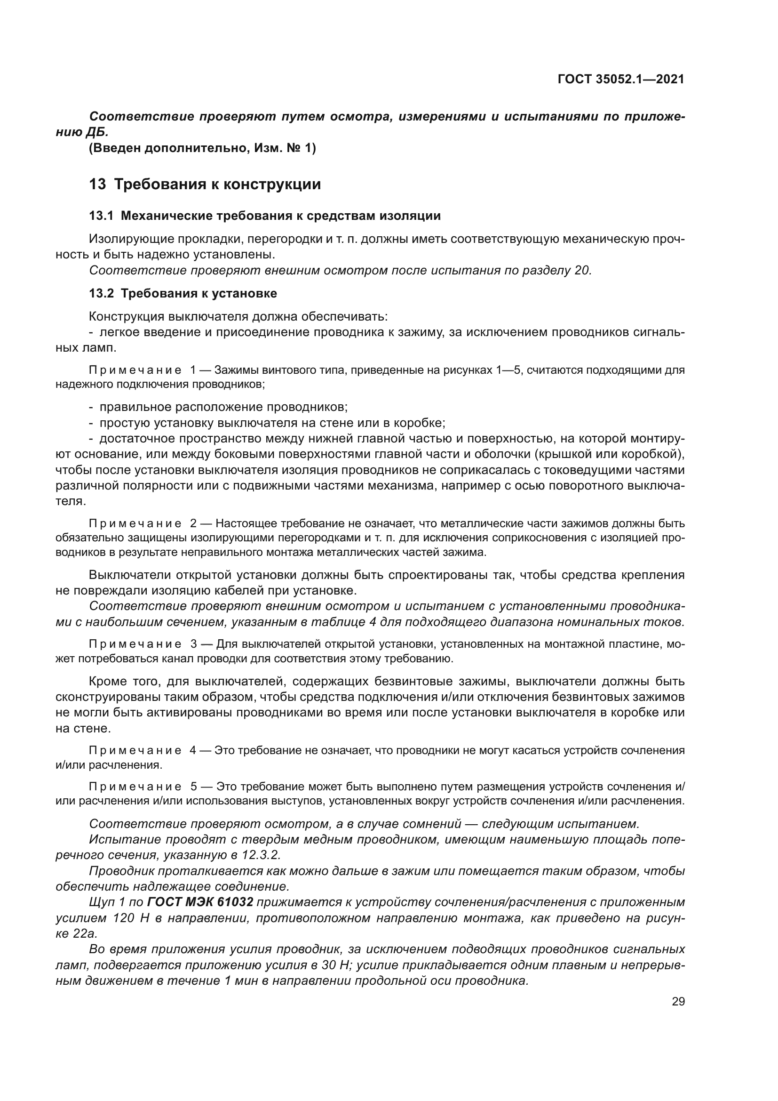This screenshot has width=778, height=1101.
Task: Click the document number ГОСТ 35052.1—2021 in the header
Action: click(621, 80)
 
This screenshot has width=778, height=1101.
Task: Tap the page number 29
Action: click(678, 1002)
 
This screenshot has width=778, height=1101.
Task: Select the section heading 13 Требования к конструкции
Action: click(205, 184)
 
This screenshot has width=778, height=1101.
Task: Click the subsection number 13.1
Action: click(101, 216)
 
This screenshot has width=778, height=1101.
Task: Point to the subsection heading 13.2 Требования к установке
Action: click(183, 293)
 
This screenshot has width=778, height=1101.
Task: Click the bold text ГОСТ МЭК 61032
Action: click(200, 902)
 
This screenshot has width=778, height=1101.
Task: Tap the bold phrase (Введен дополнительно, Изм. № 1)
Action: click(203, 148)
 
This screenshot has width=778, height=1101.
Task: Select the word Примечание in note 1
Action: click(135, 370)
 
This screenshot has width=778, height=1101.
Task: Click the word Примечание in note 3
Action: click(135, 644)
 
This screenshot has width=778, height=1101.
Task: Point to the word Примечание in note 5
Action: click(135, 787)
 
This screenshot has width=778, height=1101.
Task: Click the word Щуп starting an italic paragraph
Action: click(102, 902)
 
